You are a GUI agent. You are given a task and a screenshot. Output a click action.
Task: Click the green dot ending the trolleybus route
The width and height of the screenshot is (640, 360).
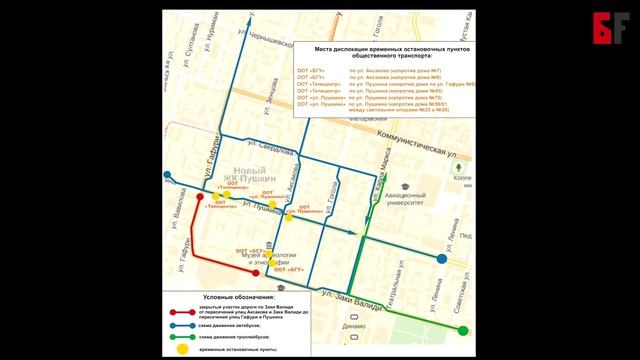click(463, 330)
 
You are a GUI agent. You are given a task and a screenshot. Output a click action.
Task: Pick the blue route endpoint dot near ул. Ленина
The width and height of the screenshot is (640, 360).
click(442, 259)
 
